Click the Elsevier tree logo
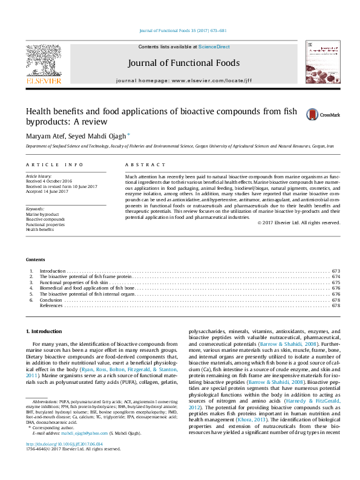coord(43,60)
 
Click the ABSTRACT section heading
coord(145,164)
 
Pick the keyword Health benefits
coord(40,229)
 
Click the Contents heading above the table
coord(35,260)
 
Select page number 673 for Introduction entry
coord(336,271)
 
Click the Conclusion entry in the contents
coord(51,300)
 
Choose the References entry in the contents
coord(51,306)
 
